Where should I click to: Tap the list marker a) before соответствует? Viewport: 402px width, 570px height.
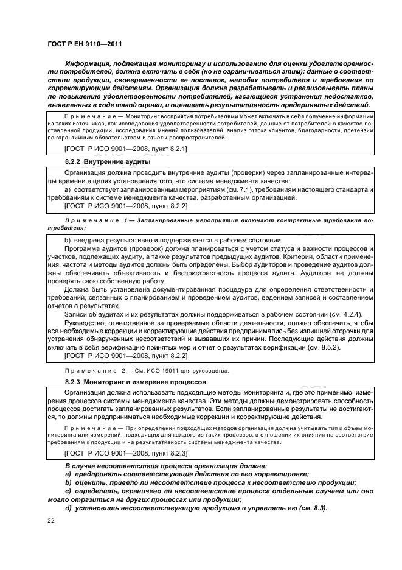[68, 189]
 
